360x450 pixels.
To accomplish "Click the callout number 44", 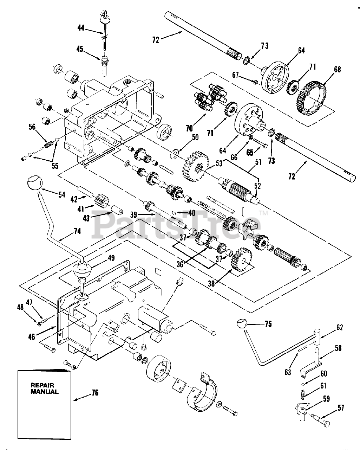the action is click(x=81, y=27).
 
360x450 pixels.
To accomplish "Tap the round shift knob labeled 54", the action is click(x=35, y=182).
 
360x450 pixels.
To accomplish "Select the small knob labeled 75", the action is click(x=242, y=329).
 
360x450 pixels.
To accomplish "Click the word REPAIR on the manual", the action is click(x=42, y=385).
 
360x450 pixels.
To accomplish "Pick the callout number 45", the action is click(x=80, y=49).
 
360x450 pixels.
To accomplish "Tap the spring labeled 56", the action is click(x=49, y=144).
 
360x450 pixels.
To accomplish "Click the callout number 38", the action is click(x=211, y=284).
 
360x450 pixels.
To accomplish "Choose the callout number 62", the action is click(x=340, y=333).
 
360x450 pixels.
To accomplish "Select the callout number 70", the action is click(x=189, y=128).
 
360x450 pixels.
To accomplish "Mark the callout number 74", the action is click(x=77, y=231).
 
